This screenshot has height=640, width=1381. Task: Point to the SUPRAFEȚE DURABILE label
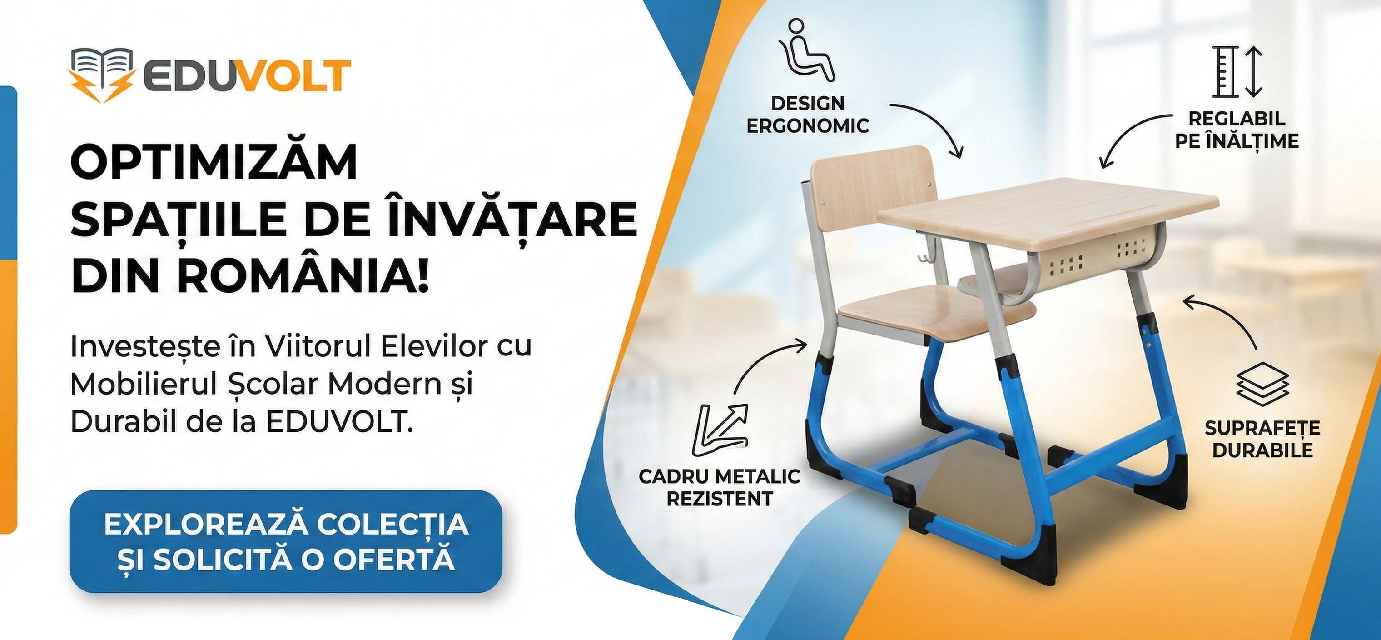pos(1262,439)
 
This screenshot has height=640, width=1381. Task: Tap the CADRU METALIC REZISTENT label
pos(720,488)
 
